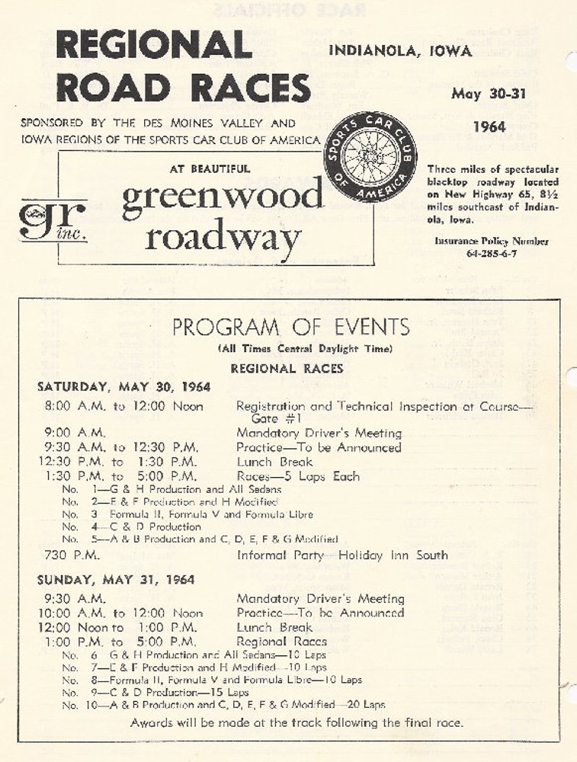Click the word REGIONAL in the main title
(153, 45)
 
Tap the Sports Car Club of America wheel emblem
(370, 156)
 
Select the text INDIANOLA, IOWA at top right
(399, 52)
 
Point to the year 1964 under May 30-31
(489, 126)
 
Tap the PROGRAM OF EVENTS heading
(290, 328)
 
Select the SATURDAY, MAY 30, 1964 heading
(123, 387)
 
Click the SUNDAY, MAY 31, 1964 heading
(115, 580)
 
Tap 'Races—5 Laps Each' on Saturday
(297, 476)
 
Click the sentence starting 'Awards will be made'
(297, 722)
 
